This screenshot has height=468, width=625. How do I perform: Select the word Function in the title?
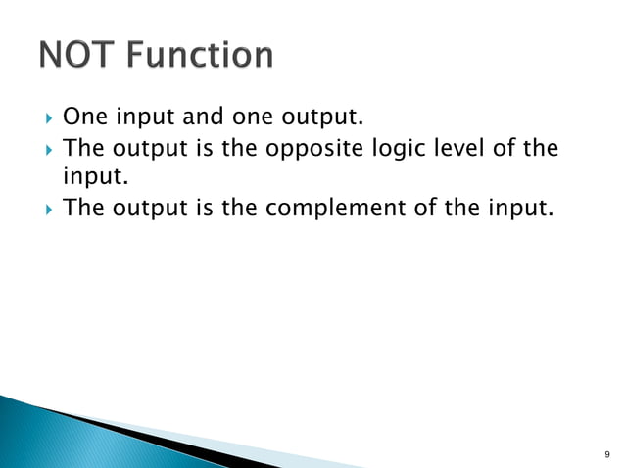(203, 55)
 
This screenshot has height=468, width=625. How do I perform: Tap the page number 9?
(606, 454)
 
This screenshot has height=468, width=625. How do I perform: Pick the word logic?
(411, 150)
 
